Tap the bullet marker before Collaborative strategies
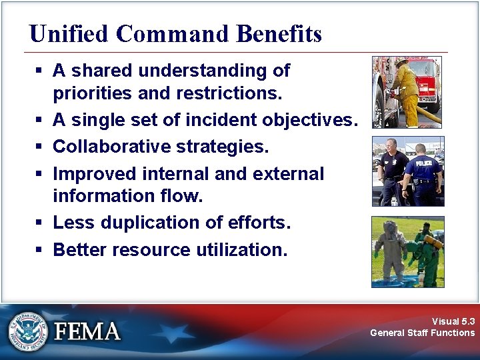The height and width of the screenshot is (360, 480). click(x=40, y=146)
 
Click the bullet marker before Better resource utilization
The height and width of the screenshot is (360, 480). click(x=40, y=251)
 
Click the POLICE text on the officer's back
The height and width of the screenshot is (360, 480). click(x=423, y=162)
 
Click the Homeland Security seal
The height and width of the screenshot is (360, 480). click(x=28, y=331)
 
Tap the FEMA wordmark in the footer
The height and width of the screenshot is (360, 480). click(x=87, y=331)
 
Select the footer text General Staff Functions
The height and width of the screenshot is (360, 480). click(x=422, y=333)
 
